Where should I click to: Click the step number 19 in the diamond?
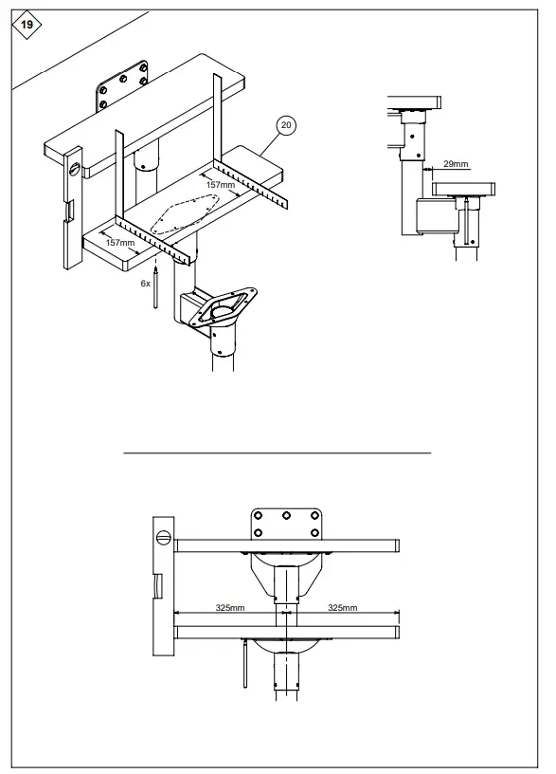click(26, 25)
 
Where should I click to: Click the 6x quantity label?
click(145, 283)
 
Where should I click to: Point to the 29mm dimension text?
click(456, 164)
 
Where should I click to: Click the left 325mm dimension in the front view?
click(230, 607)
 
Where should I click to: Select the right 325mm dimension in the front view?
click(342, 607)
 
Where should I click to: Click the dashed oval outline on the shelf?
click(185, 213)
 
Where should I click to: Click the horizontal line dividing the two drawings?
click(278, 453)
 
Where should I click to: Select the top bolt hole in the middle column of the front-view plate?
click(286, 517)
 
